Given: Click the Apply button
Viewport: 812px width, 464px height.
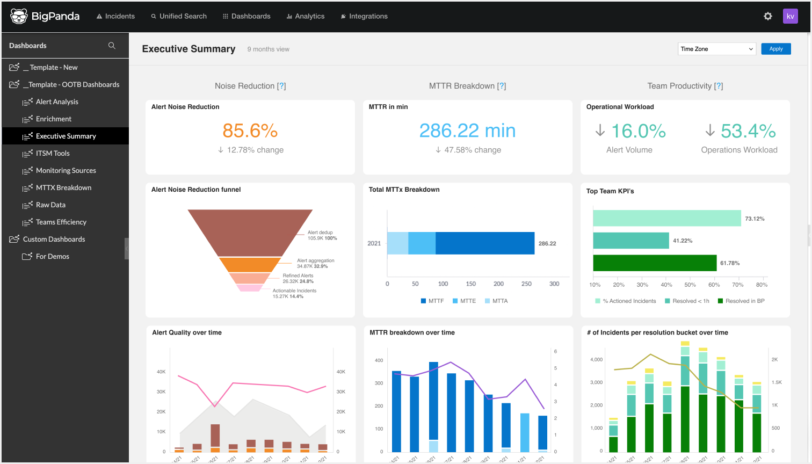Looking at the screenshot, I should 775,49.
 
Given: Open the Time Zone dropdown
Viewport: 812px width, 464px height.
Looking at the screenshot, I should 716,49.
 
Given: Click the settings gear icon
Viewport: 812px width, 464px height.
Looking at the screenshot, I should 768,16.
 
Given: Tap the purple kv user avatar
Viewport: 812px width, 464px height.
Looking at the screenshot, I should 790,16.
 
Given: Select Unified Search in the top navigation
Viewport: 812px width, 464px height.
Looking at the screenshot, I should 179,16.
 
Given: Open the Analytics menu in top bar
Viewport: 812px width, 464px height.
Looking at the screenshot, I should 306,16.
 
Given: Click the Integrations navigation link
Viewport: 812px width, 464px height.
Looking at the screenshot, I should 364,16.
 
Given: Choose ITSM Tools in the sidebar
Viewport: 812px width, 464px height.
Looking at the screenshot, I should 53,153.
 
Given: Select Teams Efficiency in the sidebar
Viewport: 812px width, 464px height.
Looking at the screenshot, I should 61,222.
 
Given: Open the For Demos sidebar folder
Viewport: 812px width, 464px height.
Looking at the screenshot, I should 52,256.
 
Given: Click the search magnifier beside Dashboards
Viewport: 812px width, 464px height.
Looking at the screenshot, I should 112,46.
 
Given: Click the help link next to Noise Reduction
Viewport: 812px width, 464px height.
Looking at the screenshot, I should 281,86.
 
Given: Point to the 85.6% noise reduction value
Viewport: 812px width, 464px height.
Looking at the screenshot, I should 250,130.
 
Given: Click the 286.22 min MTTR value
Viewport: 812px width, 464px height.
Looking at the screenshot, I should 467,130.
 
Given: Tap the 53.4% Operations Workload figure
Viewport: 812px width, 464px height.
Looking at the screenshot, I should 748,130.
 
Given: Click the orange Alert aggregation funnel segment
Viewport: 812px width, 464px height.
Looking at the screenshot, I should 250,265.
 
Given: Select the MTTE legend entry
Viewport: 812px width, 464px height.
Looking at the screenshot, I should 465,301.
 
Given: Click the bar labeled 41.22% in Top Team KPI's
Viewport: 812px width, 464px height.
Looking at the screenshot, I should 630,241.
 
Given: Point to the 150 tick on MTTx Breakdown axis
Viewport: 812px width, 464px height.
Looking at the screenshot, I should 471,284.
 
